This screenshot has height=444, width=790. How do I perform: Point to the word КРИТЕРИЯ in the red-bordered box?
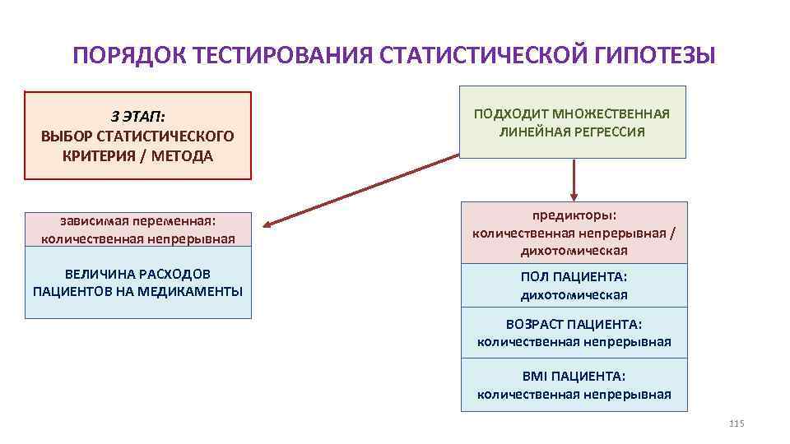click(x=100, y=156)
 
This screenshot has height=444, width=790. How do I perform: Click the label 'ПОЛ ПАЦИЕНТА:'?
click(x=574, y=276)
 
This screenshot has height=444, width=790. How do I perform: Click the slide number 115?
click(x=736, y=423)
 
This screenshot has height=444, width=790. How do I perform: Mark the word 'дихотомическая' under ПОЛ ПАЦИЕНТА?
click(x=574, y=294)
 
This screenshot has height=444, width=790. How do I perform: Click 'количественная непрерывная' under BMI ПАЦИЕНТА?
click(x=574, y=394)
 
